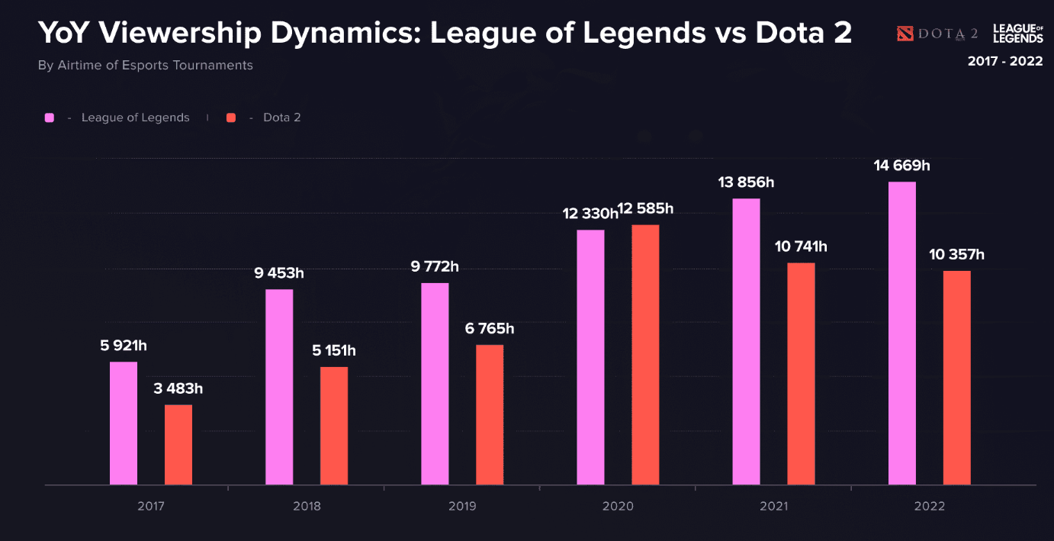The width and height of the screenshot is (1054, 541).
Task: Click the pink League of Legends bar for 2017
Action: (x=124, y=423)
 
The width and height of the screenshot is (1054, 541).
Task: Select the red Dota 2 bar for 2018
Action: (x=334, y=426)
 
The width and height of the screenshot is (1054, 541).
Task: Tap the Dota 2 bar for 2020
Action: (x=645, y=355)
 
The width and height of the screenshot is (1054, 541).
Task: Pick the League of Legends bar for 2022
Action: (x=902, y=333)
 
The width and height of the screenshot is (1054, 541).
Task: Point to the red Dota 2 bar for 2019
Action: (x=490, y=415)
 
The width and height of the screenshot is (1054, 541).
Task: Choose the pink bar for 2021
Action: (x=746, y=342)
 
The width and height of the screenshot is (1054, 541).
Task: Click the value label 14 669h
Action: (x=902, y=166)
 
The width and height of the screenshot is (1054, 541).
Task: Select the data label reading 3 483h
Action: (x=178, y=389)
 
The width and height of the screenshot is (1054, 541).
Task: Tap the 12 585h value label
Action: (x=646, y=209)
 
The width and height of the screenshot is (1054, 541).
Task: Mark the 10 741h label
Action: (x=801, y=247)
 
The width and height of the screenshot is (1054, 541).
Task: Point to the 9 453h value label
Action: (x=279, y=274)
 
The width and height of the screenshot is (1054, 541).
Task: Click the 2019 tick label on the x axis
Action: (x=462, y=507)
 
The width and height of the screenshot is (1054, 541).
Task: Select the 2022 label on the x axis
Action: (x=929, y=507)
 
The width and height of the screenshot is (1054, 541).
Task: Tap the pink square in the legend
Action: (x=50, y=118)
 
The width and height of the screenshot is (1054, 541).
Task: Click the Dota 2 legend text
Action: (x=281, y=118)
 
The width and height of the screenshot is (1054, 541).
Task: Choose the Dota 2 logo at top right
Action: (x=937, y=34)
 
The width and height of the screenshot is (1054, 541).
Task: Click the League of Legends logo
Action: (x=1017, y=34)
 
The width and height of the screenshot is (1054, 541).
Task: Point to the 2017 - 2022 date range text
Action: (x=1004, y=62)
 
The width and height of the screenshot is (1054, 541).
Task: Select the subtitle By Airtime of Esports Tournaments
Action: (x=145, y=66)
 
